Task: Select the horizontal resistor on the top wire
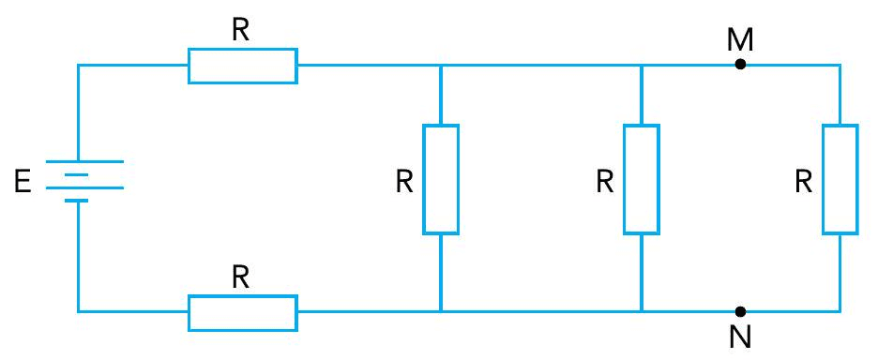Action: [x=243, y=66]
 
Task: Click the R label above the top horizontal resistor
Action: [x=241, y=30]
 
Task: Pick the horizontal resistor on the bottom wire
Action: [x=243, y=311]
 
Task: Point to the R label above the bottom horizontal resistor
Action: [x=241, y=277]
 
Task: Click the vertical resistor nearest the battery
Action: [x=441, y=178]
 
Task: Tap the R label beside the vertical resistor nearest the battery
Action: [x=404, y=182]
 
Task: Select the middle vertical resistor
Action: [x=642, y=178]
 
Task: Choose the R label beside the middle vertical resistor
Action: [x=605, y=182]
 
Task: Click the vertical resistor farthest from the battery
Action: [x=840, y=178]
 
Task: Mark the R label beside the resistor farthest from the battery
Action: [x=803, y=182]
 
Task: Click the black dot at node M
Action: [x=740, y=66]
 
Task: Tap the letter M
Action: [x=740, y=39]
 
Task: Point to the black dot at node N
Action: [x=740, y=311]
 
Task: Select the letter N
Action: [x=740, y=337]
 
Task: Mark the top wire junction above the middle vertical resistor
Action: [x=642, y=66]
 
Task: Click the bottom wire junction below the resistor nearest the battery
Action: [x=441, y=311]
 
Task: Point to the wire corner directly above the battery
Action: [x=77, y=66]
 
